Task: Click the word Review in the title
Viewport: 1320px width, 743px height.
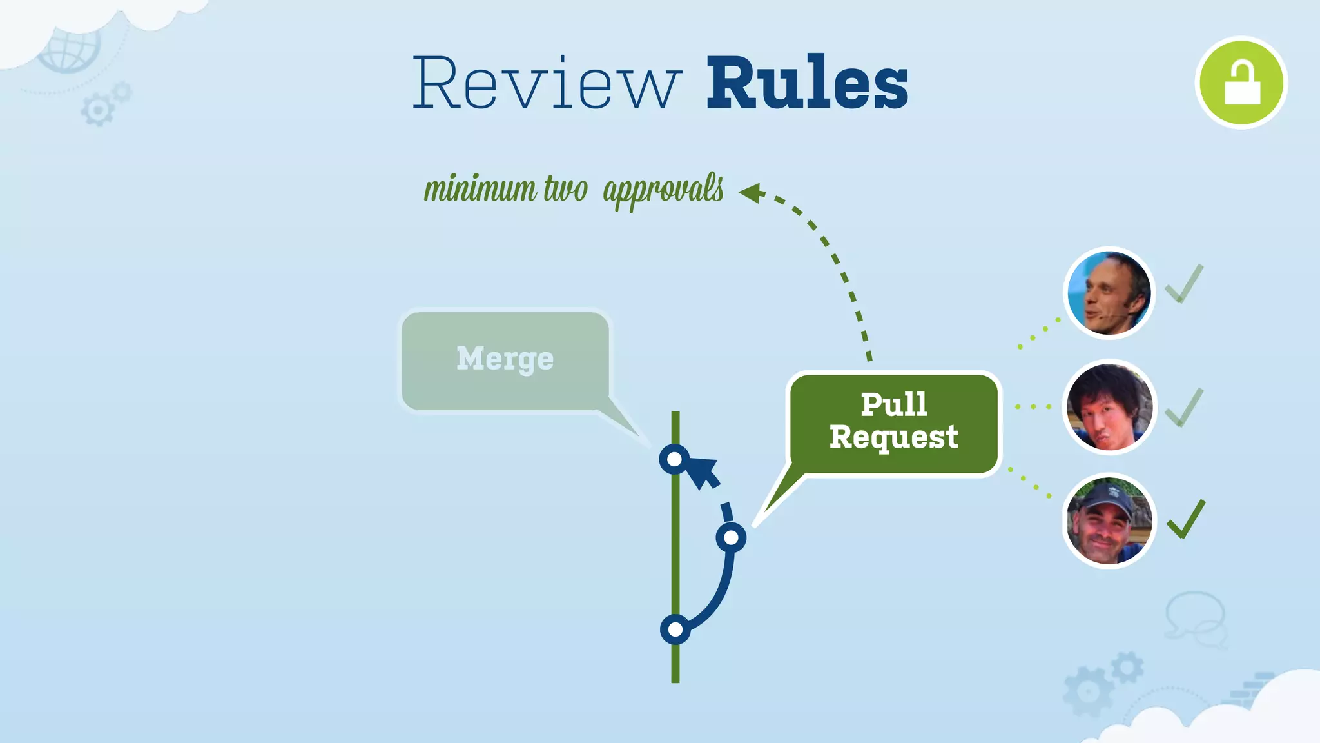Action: (547, 84)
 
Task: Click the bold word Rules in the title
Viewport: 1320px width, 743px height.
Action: (807, 84)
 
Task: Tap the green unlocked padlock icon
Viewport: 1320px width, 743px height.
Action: (1241, 83)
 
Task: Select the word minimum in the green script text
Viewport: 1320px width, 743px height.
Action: (480, 189)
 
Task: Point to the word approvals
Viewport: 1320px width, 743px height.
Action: (663, 190)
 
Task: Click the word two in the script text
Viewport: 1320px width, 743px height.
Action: (565, 189)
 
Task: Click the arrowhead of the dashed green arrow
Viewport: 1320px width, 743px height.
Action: (752, 192)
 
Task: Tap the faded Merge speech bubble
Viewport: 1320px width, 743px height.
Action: (505, 360)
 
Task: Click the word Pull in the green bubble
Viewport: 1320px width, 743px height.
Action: (894, 405)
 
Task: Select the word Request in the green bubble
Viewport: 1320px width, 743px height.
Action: (894, 437)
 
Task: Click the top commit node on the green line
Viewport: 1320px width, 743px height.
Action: (674, 459)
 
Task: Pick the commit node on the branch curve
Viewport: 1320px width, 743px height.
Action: (731, 537)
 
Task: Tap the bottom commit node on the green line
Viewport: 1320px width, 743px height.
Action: (675, 629)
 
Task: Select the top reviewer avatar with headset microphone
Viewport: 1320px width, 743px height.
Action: (1109, 293)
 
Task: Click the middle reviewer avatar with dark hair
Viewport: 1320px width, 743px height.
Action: (1109, 407)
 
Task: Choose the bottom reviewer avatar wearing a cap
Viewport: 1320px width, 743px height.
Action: (1109, 520)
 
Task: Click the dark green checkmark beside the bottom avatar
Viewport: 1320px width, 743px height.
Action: (1186, 520)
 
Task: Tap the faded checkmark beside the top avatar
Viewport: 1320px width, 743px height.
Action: (1184, 284)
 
